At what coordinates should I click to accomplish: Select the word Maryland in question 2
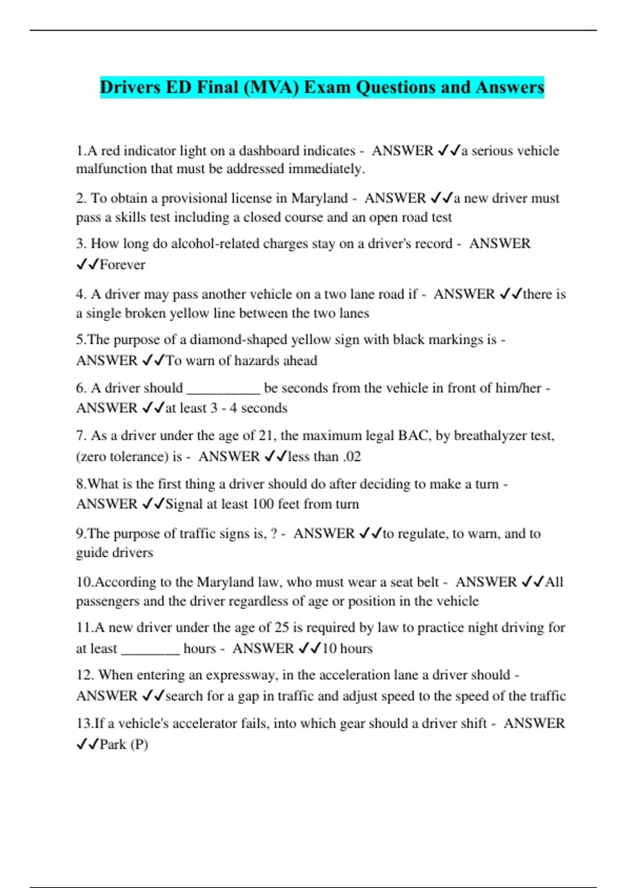pyautogui.click(x=319, y=198)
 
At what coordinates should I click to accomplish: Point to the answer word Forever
pyautogui.click(x=122, y=265)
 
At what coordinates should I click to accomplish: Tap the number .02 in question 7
pyautogui.click(x=352, y=457)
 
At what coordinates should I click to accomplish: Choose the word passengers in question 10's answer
pyautogui.click(x=108, y=601)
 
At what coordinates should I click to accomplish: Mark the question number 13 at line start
pyautogui.click(x=84, y=723)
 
